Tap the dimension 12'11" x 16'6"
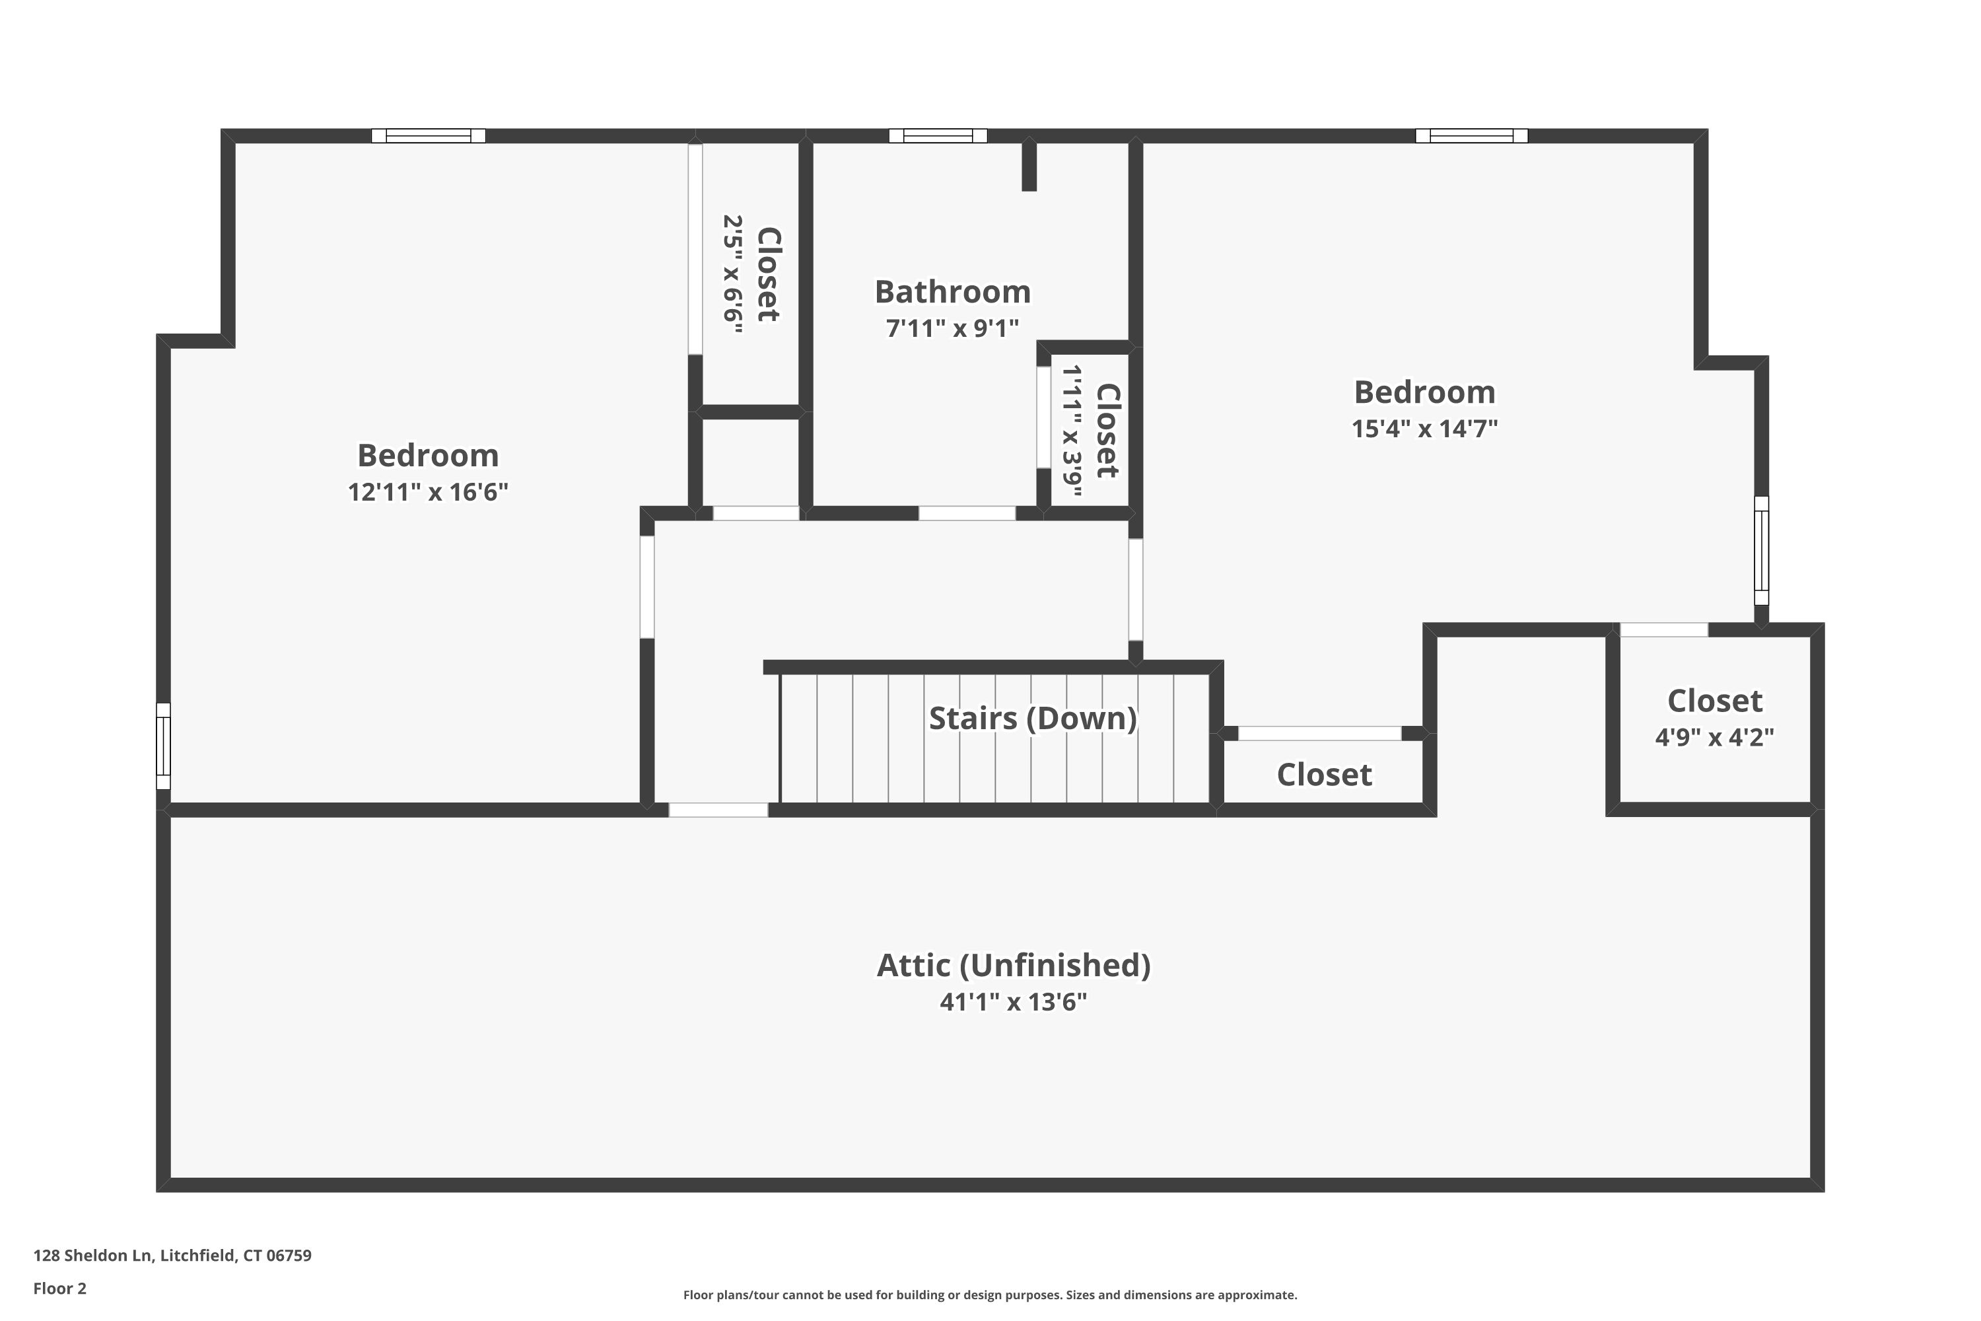click(428, 491)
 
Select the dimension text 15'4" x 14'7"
click(1424, 428)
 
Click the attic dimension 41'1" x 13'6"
click(1013, 1002)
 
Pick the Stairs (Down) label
click(1033, 719)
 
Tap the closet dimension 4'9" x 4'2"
click(1714, 737)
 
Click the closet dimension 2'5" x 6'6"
click(733, 274)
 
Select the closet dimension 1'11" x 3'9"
click(1070, 431)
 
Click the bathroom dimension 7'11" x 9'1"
click(953, 328)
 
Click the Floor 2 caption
click(60, 1288)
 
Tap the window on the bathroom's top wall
click(938, 135)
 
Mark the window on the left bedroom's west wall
click(163, 746)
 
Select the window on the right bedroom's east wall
click(1761, 551)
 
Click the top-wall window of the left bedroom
click(429, 135)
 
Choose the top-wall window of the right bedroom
click(1471, 135)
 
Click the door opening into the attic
click(718, 810)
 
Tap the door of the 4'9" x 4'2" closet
click(1663, 629)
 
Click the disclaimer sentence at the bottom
click(990, 1295)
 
